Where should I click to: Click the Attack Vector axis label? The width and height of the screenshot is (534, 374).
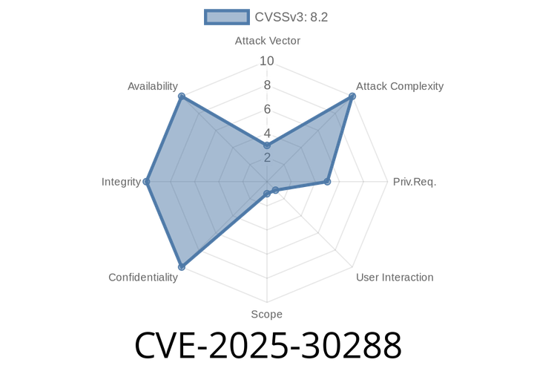(267, 41)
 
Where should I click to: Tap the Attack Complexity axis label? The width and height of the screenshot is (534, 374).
(400, 86)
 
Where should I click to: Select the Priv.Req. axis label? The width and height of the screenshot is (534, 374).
(415, 182)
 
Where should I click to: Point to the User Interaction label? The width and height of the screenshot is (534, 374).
(395, 278)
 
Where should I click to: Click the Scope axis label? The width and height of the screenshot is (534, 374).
(267, 314)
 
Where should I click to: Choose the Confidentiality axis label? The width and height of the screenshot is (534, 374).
(143, 278)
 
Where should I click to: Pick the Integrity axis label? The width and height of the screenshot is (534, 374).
(121, 182)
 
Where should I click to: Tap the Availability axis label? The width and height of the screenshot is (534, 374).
(153, 86)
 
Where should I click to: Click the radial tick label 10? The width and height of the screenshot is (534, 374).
(267, 62)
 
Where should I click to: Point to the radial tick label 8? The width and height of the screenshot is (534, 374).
(267, 85)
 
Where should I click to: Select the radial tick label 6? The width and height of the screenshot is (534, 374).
(267, 109)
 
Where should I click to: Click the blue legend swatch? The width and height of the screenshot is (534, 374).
(227, 17)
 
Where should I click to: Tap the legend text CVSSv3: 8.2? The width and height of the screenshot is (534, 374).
(291, 17)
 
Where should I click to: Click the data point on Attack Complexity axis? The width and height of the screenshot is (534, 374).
(352, 96)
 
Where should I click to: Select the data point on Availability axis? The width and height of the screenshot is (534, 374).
(182, 96)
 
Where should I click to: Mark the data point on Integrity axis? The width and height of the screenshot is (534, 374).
(146, 182)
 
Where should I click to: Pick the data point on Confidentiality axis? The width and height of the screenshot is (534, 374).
(182, 266)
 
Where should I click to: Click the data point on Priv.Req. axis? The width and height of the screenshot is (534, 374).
(327, 182)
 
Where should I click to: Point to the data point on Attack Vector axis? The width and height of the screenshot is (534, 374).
(267, 145)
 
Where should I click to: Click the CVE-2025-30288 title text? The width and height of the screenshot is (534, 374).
(268, 345)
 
